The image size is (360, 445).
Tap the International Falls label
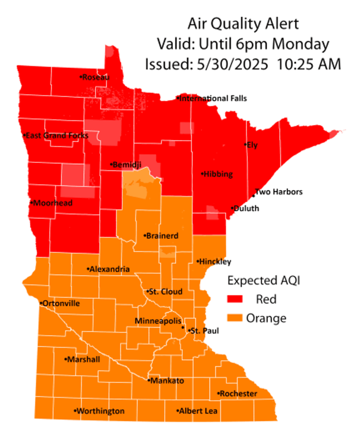(x=213, y=98)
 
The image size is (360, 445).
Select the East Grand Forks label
(x=56, y=136)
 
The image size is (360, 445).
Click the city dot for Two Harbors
(x=253, y=195)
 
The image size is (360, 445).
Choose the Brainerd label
(x=162, y=236)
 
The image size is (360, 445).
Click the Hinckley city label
(x=215, y=262)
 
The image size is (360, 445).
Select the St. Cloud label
(x=165, y=292)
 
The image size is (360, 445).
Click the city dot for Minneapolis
(x=183, y=327)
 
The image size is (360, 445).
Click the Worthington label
(x=100, y=411)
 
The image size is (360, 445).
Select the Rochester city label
(x=238, y=394)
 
